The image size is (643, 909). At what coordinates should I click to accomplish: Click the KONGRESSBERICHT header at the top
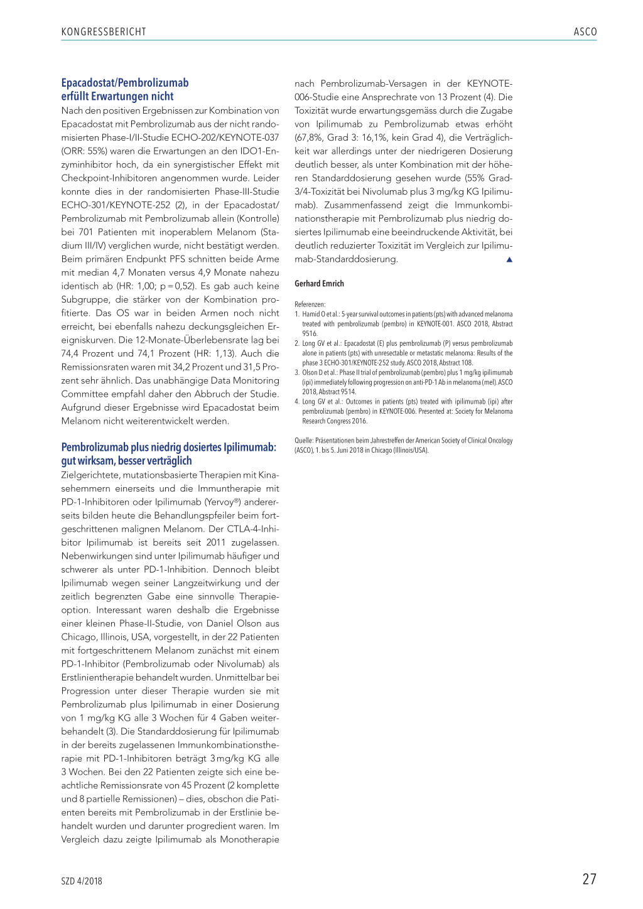pyautogui.click(x=104, y=32)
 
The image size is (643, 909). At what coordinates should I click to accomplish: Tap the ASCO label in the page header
pyautogui.click(x=585, y=32)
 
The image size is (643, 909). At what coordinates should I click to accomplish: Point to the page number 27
pyautogui.click(x=589, y=879)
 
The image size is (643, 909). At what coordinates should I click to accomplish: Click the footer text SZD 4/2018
pyautogui.click(x=82, y=881)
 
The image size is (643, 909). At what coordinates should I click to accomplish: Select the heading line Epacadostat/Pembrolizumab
pyautogui.click(x=125, y=83)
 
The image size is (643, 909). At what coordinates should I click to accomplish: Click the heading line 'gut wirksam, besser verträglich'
pyautogui.click(x=126, y=461)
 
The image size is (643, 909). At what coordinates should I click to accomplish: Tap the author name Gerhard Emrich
pyautogui.click(x=319, y=284)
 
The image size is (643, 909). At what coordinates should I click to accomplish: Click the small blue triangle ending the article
pyautogui.click(x=509, y=259)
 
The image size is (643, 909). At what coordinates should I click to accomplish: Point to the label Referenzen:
pyautogui.click(x=310, y=304)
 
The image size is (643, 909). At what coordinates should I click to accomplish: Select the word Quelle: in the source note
pyautogui.click(x=304, y=441)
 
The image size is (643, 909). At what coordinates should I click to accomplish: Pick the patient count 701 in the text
pyautogui.click(x=86, y=232)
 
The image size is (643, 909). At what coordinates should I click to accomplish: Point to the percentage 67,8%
pyautogui.click(x=309, y=137)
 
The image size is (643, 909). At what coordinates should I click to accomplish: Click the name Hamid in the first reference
pyautogui.click(x=311, y=315)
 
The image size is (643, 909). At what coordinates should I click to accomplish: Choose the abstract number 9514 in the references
pyautogui.click(x=348, y=392)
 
